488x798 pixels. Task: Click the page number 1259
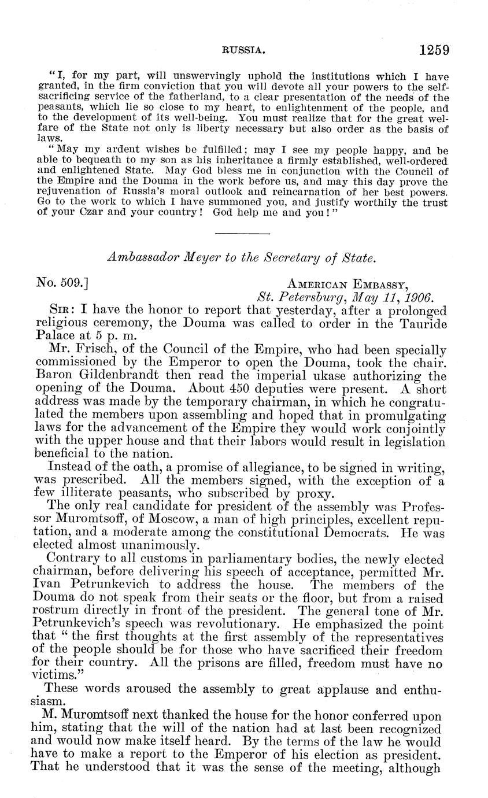tap(434, 50)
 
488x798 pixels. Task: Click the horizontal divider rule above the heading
tap(242, 234)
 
